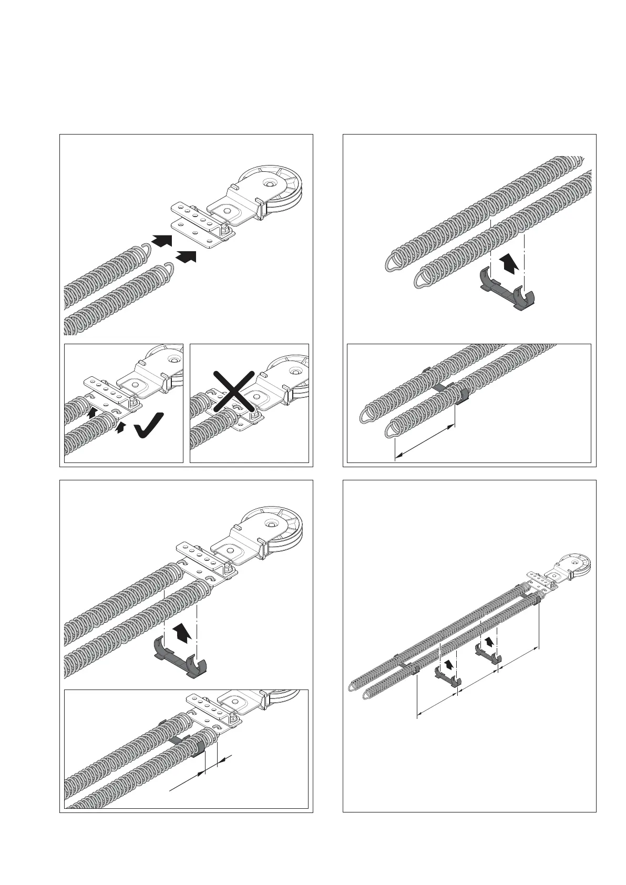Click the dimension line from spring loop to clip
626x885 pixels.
coord(424,442)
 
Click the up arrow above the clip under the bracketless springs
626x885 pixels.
coord(508,261)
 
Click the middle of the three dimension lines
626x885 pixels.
coord(477,682)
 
